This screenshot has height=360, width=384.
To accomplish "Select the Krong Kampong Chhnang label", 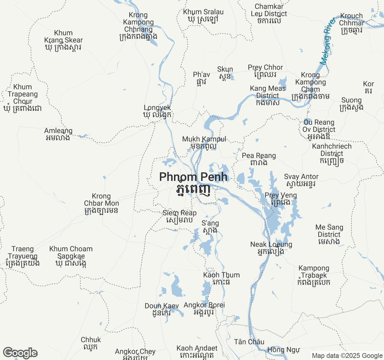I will click(x=138, y=26).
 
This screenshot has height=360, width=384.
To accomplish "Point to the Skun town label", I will click(x=225, y=73).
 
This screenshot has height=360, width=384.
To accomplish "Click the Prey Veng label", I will click(x=280, y=199).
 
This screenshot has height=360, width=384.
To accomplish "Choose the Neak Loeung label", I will click(x=271, y=248).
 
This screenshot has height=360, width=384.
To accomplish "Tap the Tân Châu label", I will click(x=249, y=342).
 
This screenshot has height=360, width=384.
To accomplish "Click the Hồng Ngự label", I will click(x=283, y=349).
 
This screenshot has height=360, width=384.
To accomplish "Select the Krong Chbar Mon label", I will click(x=101, y=203).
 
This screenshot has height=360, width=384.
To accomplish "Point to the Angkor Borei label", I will click(x=204, y=308).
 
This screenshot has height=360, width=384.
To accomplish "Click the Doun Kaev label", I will click(x=162, y=309).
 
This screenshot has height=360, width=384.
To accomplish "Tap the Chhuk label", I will click(x=91, y=343).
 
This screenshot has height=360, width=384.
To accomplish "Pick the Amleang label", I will click(x=58, y=134).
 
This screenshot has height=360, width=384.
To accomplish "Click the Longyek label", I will click(x=157, y=111).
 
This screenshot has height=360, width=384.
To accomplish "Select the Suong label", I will click(x=352, y=103).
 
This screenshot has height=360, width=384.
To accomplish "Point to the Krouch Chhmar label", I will click(x=351, y=23).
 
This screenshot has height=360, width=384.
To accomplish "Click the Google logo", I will click(x=20, y=353).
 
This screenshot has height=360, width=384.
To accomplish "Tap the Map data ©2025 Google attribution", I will click(x=347, y=356).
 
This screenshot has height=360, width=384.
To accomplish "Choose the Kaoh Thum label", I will click(x=221, y=278).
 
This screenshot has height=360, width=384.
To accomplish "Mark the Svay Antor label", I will click(x=301, y=180).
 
